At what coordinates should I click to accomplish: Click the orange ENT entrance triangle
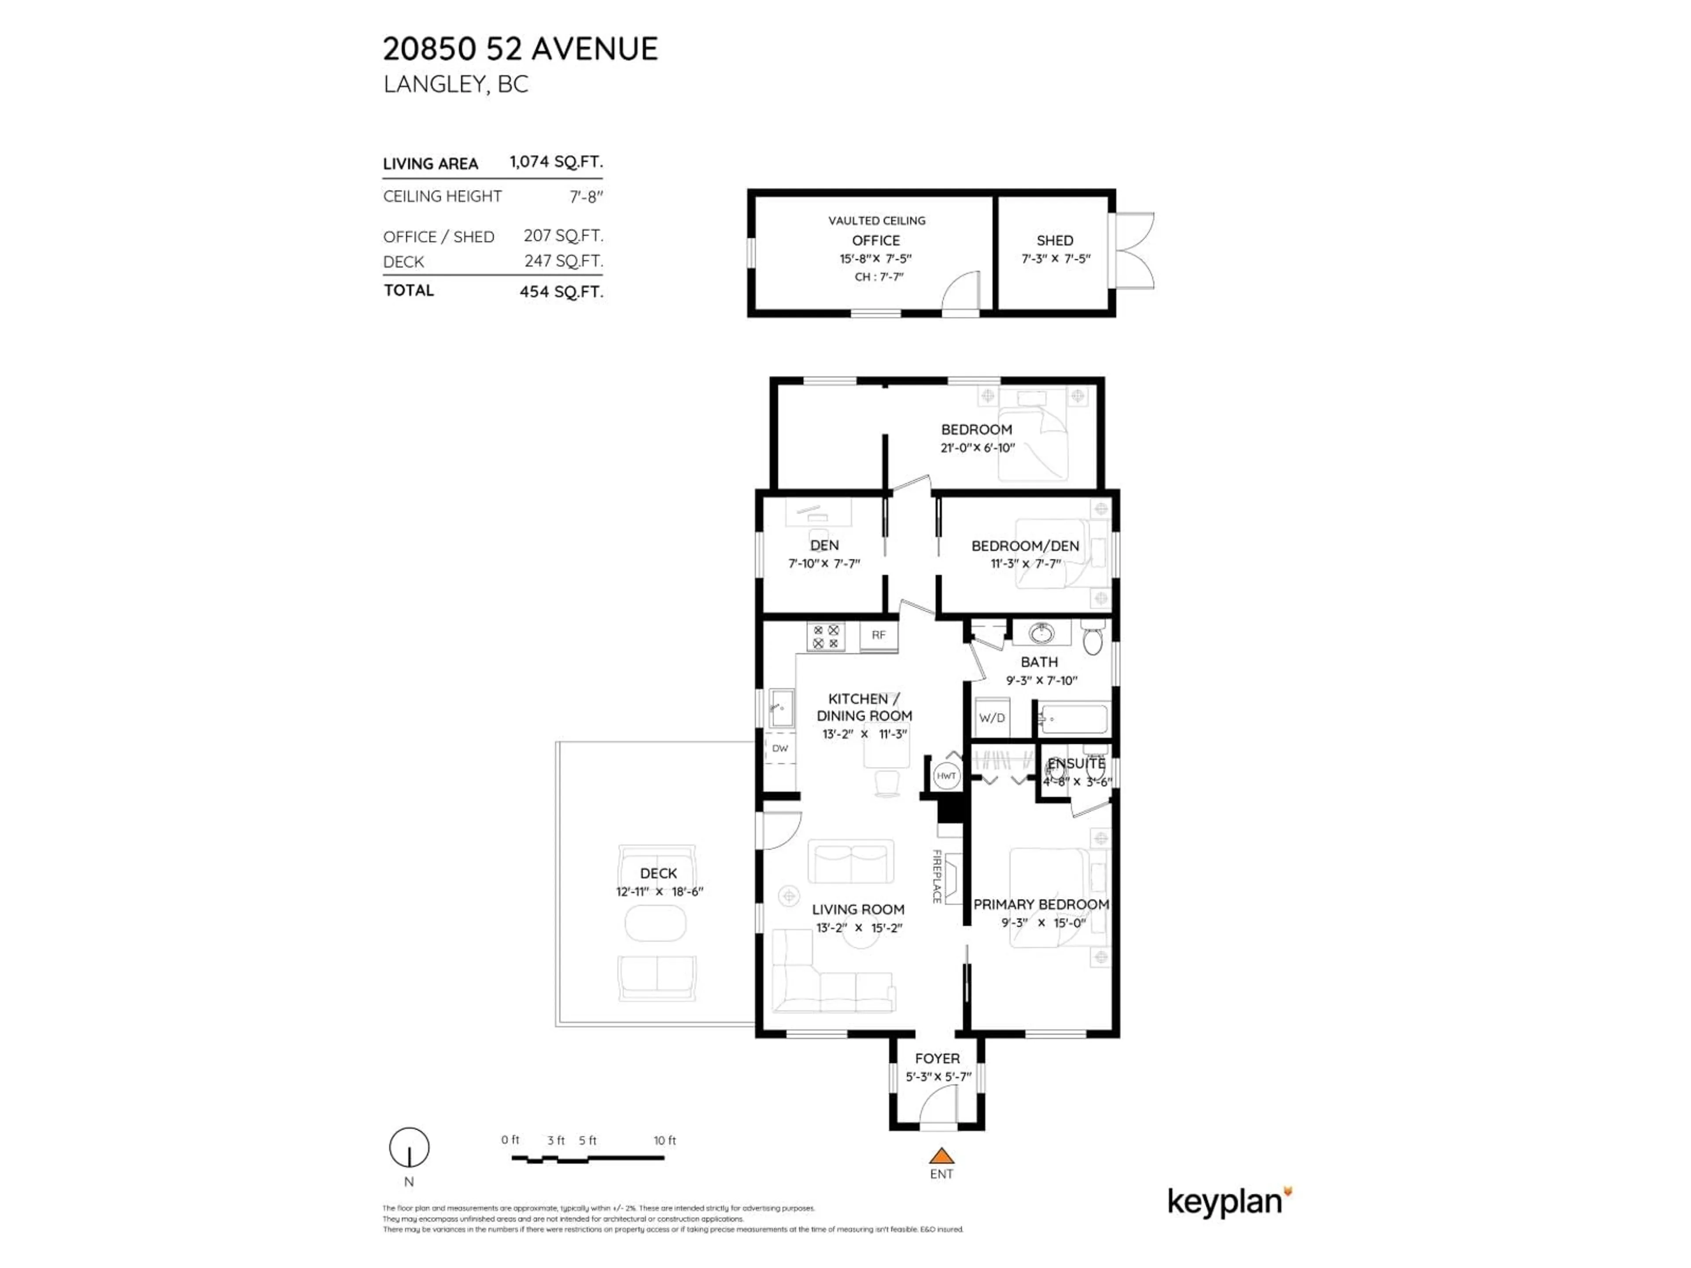point(941,1156)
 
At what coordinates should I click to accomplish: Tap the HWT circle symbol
point(946,776)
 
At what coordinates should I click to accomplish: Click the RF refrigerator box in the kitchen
point(879,635)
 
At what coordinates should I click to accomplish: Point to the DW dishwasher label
point(780,748)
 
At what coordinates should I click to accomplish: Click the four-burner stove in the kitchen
point(826,637)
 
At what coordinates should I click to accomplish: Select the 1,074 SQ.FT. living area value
point(556,162)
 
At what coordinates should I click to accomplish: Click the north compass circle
point(409,1147)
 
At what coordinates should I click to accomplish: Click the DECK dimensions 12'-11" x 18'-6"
point(659,891)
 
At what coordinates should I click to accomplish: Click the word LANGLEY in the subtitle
point(433,84)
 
